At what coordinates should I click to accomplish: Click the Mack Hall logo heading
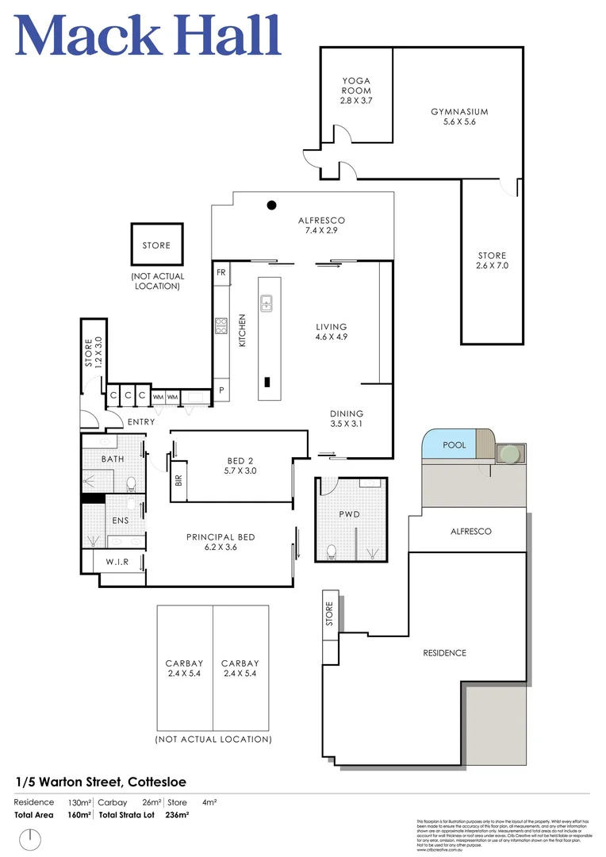pyautogui.click(x=148, y=36)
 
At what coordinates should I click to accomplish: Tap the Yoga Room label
pyautogui.click(x=356, y=90)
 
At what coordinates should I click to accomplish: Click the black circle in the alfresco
pyautogui.click(x=271, y=205)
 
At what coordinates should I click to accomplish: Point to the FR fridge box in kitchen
pyautogui.click(x=221, y=271)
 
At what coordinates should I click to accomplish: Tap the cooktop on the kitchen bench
pyautogui.click(x=221, y=325)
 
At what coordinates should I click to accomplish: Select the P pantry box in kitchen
pyautogui.click(x=221, y=391)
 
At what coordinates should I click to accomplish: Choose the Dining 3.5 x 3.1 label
pyautogui.click(x=347, y=418)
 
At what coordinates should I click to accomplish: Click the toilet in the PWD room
pyautogui.click(x=332, y=549)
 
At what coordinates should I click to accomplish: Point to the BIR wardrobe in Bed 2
pyautogui.click(x=178, y=480)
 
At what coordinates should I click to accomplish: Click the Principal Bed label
pyautogui.click(x=221, y=541)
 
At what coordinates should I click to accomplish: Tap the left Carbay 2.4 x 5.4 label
pyautogui.click(x=184, y=668)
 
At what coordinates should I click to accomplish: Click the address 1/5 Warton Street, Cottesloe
pyautogui.click(x=101, y=781)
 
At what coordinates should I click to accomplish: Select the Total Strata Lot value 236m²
pyautogui.click(x=177, y=815)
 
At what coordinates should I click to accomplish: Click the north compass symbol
pyautogui.click(x=31, y=837)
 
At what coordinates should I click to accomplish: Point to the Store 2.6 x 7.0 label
pyautogui.click(x=492, y=260)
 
